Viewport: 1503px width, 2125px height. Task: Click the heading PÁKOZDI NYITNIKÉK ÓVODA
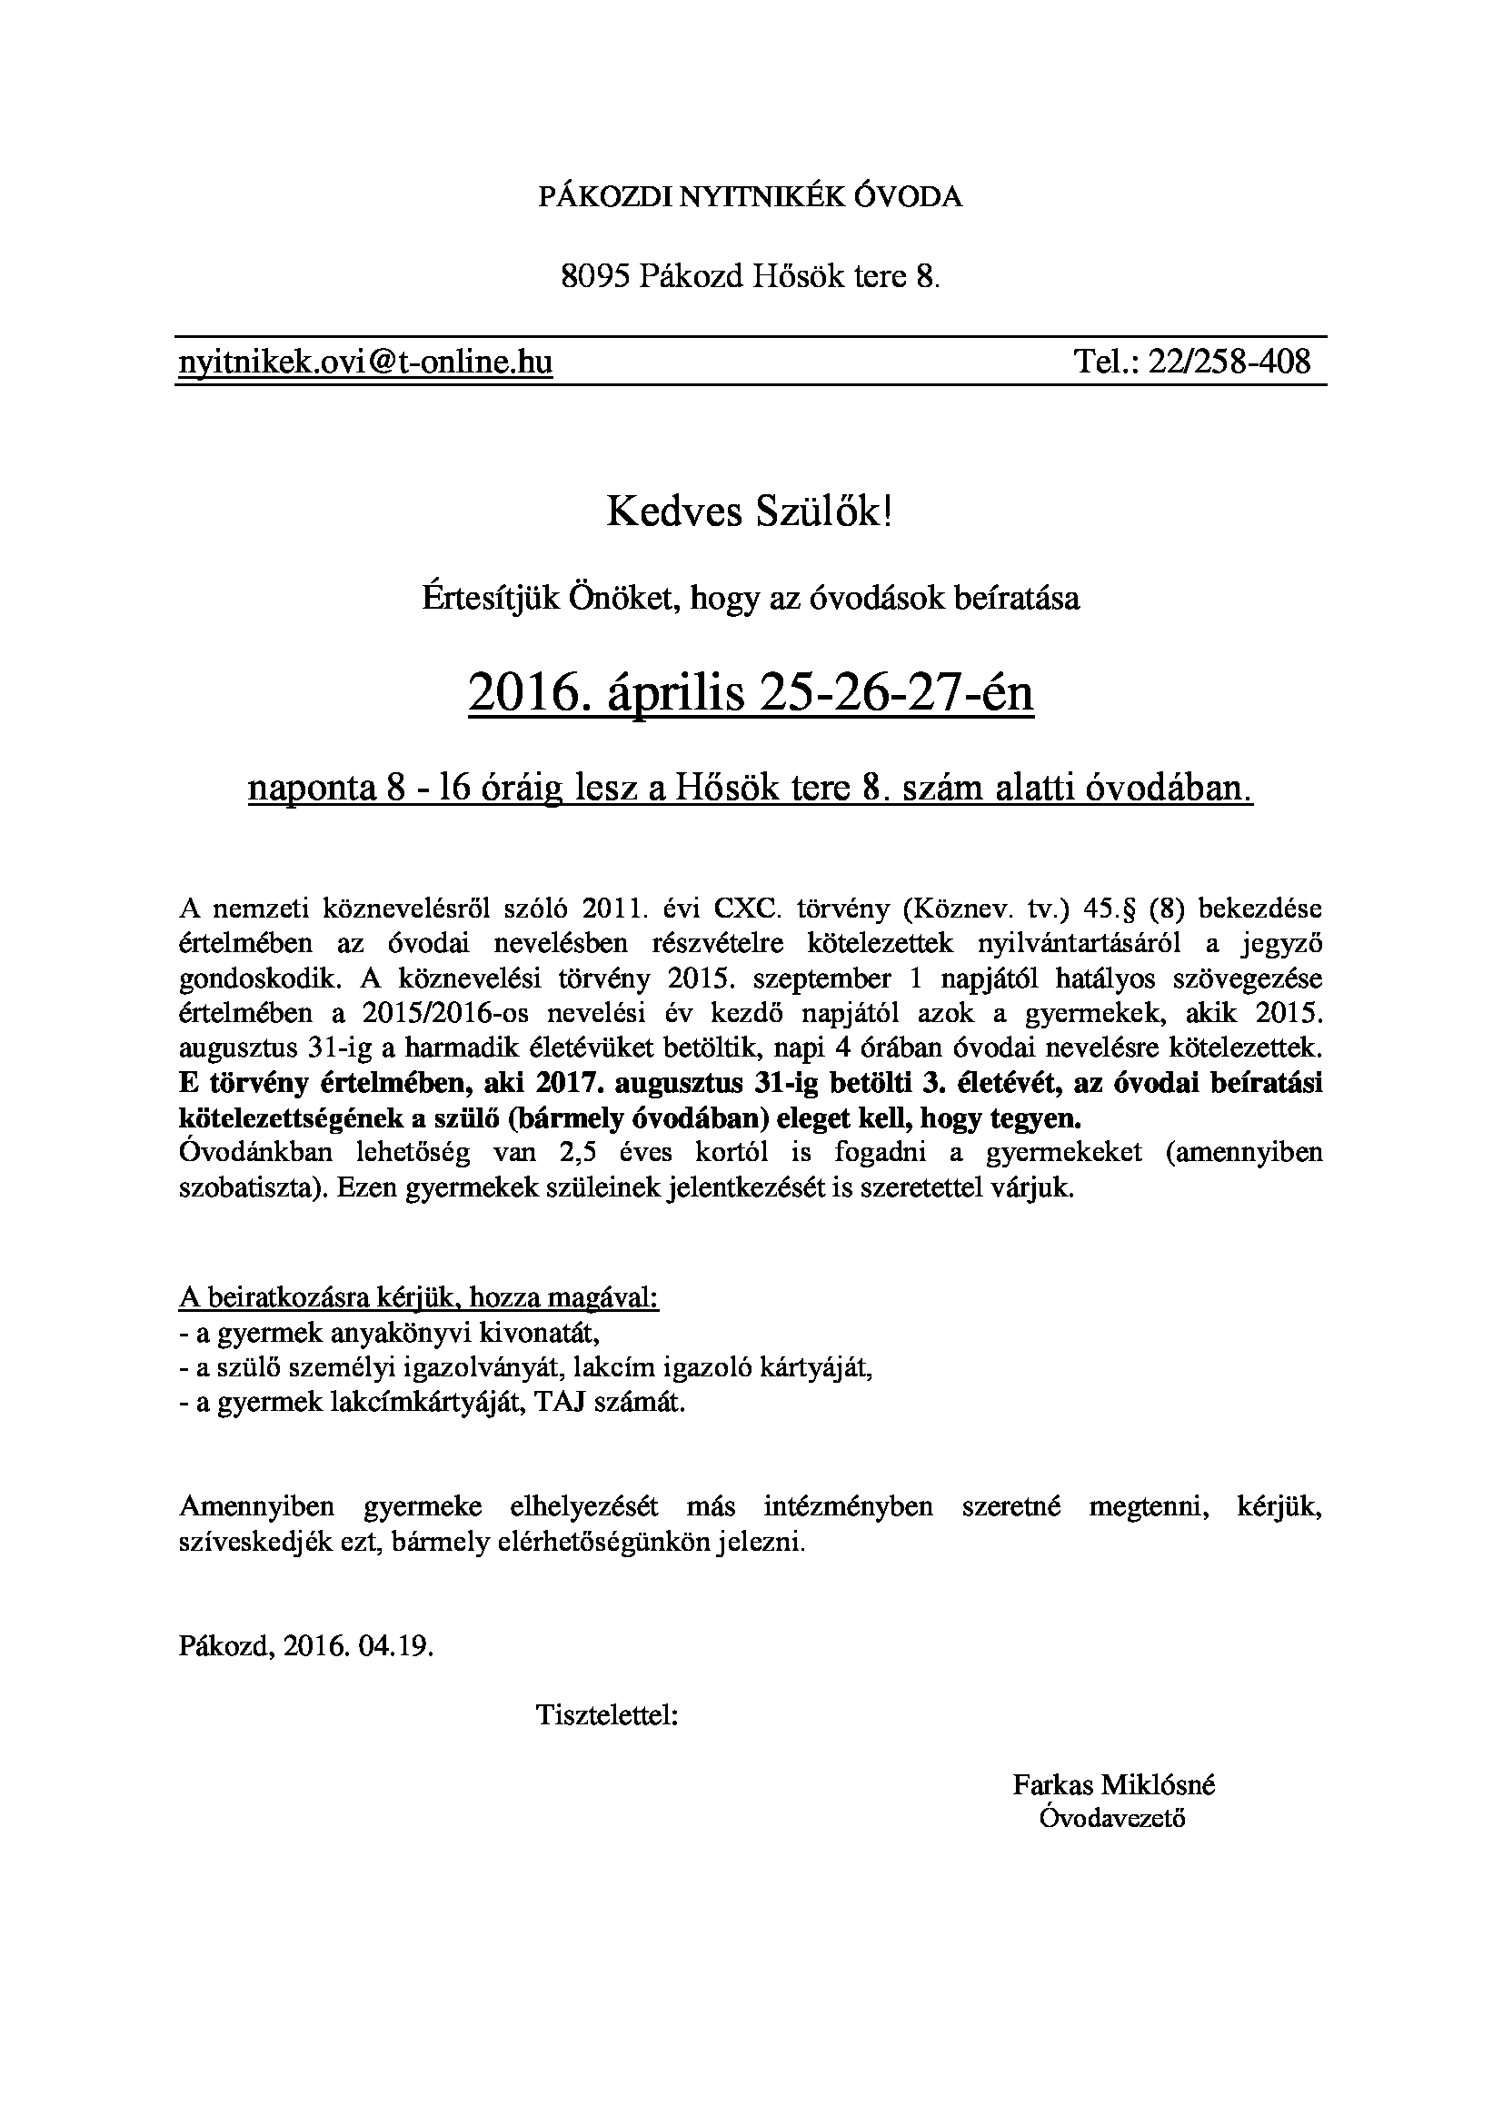click(x=751, y=197)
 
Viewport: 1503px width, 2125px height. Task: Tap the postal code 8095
click(x=595, y=276)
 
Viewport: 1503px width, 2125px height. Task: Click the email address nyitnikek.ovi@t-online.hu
click(x=365, y=361)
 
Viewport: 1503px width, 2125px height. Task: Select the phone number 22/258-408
click(x=1229, y=361)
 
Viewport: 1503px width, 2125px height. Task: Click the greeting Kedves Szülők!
click(x=751, y=511)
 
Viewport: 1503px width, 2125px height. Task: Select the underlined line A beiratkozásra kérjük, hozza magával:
click(x=418, y=1297)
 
